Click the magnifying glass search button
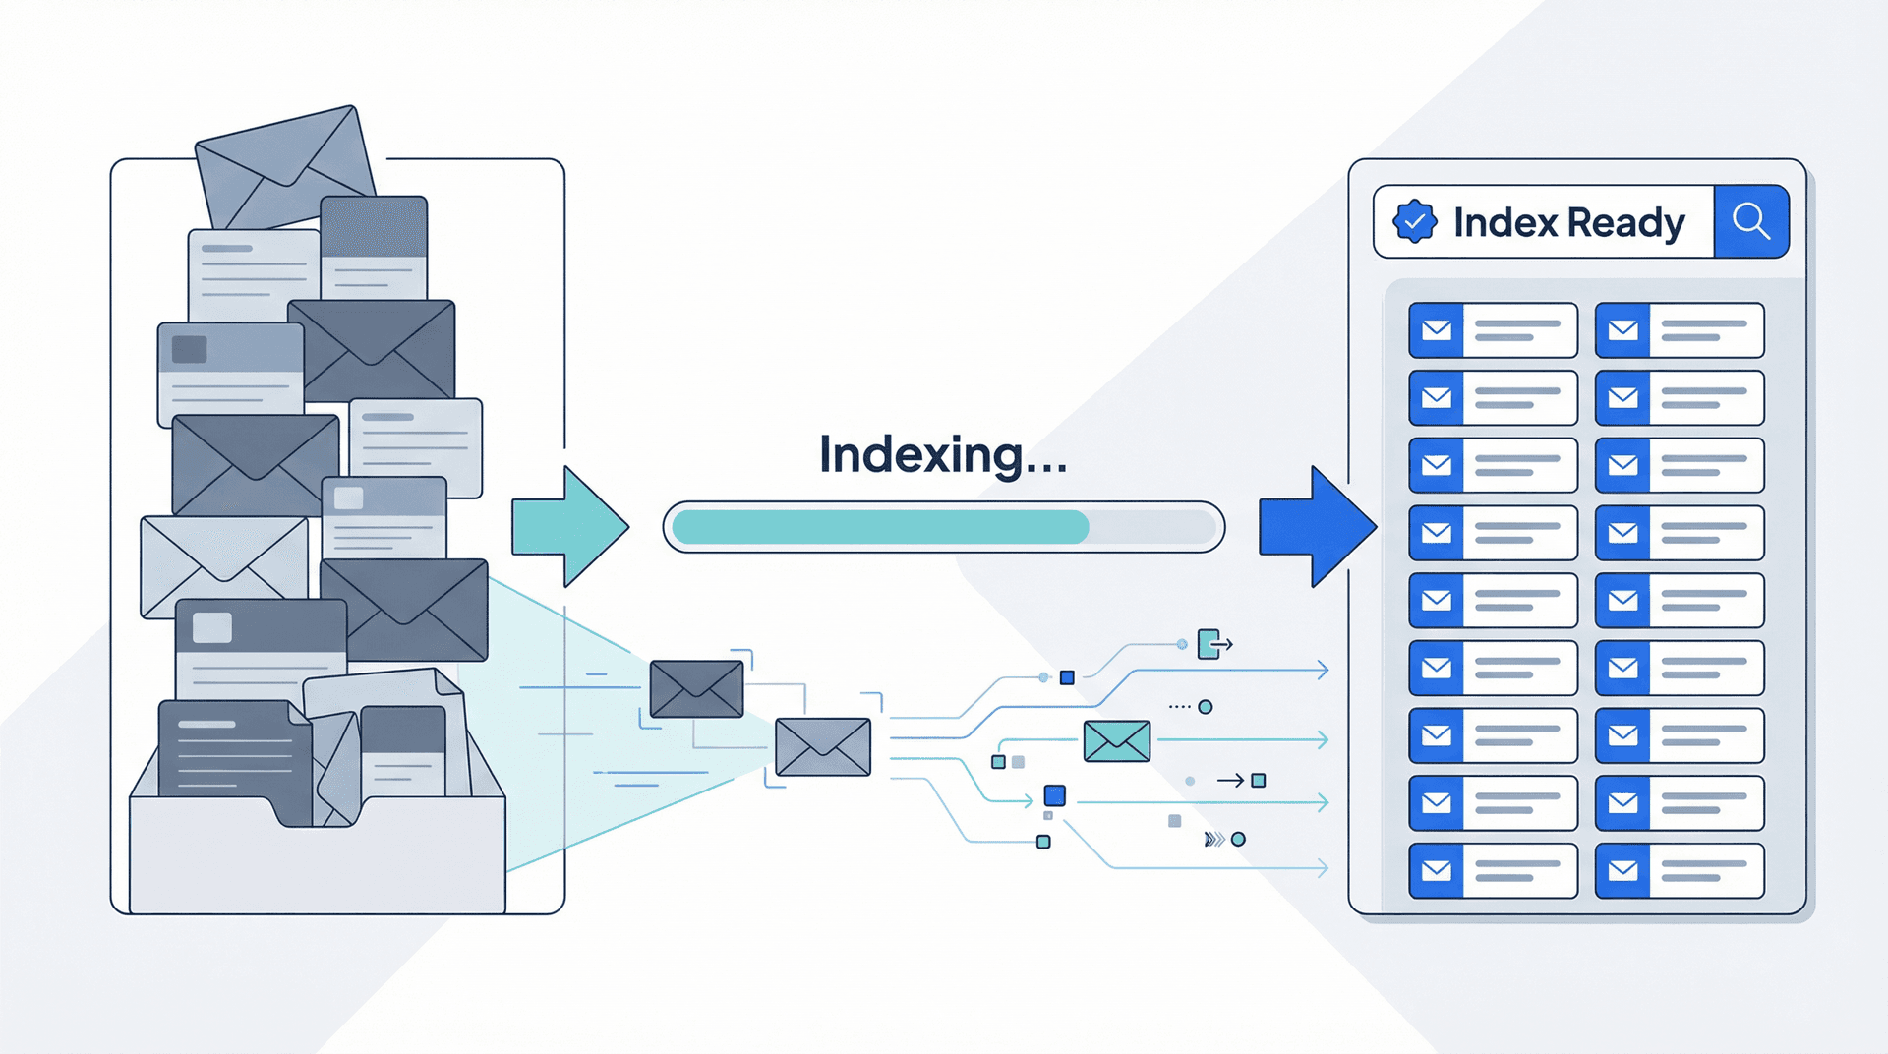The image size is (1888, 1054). click(x=1750, y=221)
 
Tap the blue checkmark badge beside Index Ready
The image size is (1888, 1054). click(x=1414, y=221)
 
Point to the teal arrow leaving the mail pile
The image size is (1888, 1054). click(x=570, y=527)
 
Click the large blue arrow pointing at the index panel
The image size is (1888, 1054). click(x=1318, y=527)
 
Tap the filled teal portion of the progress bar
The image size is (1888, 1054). click(x=880, y=527)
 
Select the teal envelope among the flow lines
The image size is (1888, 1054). click(x=1117, y=740)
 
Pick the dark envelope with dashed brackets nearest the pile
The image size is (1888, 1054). click(x=696, y=688)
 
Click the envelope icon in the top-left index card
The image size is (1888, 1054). click(x=1437, y=330)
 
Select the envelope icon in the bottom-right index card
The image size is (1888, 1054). click(x=1622, y=870)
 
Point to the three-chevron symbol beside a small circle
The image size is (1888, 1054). click(x=1214, y=839)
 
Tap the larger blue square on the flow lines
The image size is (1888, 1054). click(x=1054, y=794)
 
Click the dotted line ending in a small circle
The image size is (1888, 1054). click(x=1191, y=706)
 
